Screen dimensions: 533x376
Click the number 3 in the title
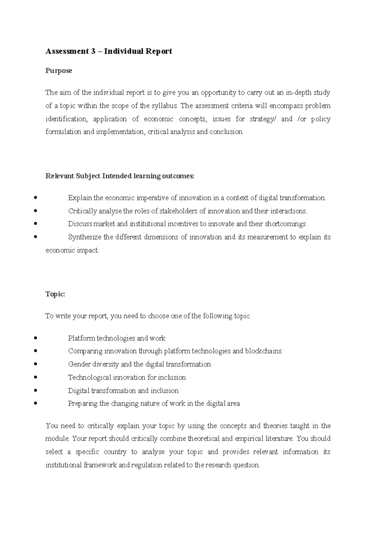click(x=93, y=51)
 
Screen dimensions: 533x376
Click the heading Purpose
click(x=59, y=71)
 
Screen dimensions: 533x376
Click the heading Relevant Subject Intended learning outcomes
click(x=120, y=176)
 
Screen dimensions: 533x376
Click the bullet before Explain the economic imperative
click(x=36, y=198)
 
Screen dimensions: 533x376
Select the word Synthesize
click(x=85, y=237)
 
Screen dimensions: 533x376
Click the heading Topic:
click(x=55, y=294)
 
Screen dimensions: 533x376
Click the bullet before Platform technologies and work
click(x=36, y=338)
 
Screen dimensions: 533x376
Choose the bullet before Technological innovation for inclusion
click(x=36, y=377)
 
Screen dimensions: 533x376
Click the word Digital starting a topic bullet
click(x=78, y=390)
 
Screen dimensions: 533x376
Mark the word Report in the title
click(x=158, y=51)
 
